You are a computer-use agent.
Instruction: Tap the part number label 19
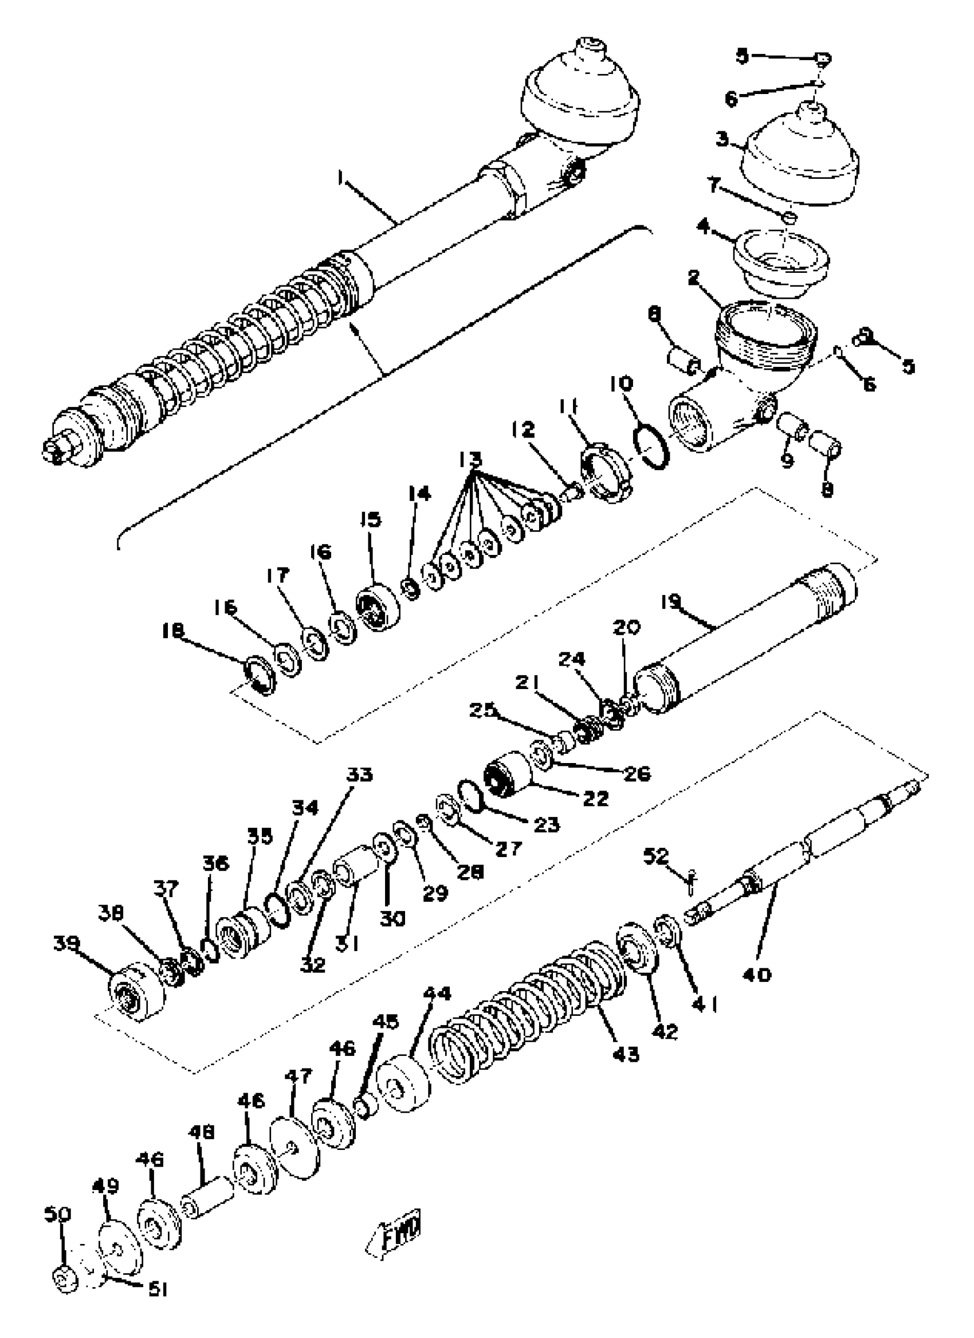point(670,601)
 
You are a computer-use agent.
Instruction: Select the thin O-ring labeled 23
point(472,796)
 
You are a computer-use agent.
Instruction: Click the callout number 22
point(595,798)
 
